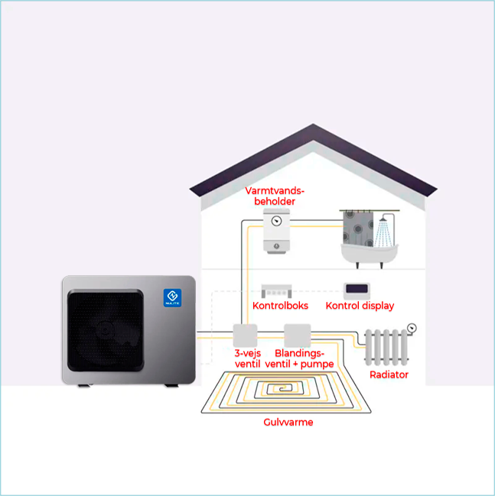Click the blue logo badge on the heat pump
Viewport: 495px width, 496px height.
172,297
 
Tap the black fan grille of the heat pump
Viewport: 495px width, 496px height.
106,330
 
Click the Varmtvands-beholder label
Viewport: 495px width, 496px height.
275,196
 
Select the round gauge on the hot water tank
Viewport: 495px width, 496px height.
276,220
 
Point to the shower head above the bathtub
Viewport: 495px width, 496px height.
383,219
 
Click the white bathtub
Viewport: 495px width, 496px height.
370,254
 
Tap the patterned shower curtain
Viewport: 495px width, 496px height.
358,229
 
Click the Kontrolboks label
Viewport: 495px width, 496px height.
280,306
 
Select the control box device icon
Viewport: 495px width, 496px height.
276,291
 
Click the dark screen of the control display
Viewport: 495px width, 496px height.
357,288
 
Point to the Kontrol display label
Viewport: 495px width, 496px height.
360,306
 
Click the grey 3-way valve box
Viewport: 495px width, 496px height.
245,336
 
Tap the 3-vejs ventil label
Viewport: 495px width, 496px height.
247,358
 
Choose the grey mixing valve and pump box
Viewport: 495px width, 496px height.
298,336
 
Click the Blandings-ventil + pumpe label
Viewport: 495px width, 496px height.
299,358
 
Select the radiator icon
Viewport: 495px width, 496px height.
386,347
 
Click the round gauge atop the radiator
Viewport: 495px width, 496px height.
412,328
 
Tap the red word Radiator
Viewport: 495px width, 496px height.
389,374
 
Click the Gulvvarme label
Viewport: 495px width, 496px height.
288,422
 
